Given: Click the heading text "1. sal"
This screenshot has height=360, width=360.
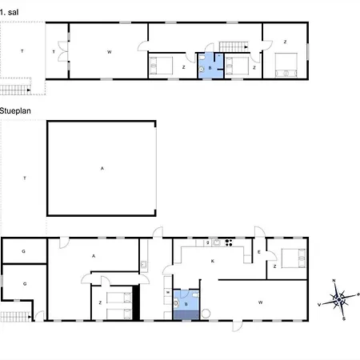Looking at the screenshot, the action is pos(10,12).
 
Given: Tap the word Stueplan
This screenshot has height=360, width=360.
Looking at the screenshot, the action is pos(15,111).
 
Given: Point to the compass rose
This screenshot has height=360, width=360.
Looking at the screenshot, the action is pos(339,299).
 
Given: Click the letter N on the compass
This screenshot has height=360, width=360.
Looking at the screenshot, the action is pos(334,281).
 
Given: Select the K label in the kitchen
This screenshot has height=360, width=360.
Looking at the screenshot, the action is pos(213,261).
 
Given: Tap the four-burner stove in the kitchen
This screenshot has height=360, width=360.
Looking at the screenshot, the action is pos(229,242).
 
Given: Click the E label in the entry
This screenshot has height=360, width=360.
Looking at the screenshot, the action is pos(259,252).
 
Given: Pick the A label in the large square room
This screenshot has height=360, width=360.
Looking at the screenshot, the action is pos(102,168).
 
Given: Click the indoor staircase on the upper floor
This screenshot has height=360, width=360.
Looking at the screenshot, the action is pos(234,46).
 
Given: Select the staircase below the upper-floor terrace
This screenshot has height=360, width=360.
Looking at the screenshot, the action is pos(15,90).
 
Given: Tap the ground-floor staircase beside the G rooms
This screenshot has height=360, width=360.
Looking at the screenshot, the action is pos(16,317).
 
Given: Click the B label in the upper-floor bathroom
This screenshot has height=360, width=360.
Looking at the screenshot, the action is pos(210,68).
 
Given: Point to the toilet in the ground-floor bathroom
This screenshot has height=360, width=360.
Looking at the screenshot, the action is pos(195,295).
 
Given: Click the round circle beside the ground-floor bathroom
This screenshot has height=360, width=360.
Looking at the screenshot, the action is pos(206,314).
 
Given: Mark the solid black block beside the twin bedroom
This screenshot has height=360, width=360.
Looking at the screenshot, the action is pos(136,302).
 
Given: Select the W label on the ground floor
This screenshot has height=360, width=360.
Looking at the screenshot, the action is pos(260,302).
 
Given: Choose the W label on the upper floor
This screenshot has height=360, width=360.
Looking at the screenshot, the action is pos(110,52).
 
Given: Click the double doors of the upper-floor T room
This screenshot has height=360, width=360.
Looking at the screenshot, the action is pos(63,51).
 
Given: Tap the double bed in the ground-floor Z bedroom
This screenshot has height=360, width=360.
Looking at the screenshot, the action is pos(294,258).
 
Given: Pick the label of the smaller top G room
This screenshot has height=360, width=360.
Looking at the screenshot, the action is pos(23,251).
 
